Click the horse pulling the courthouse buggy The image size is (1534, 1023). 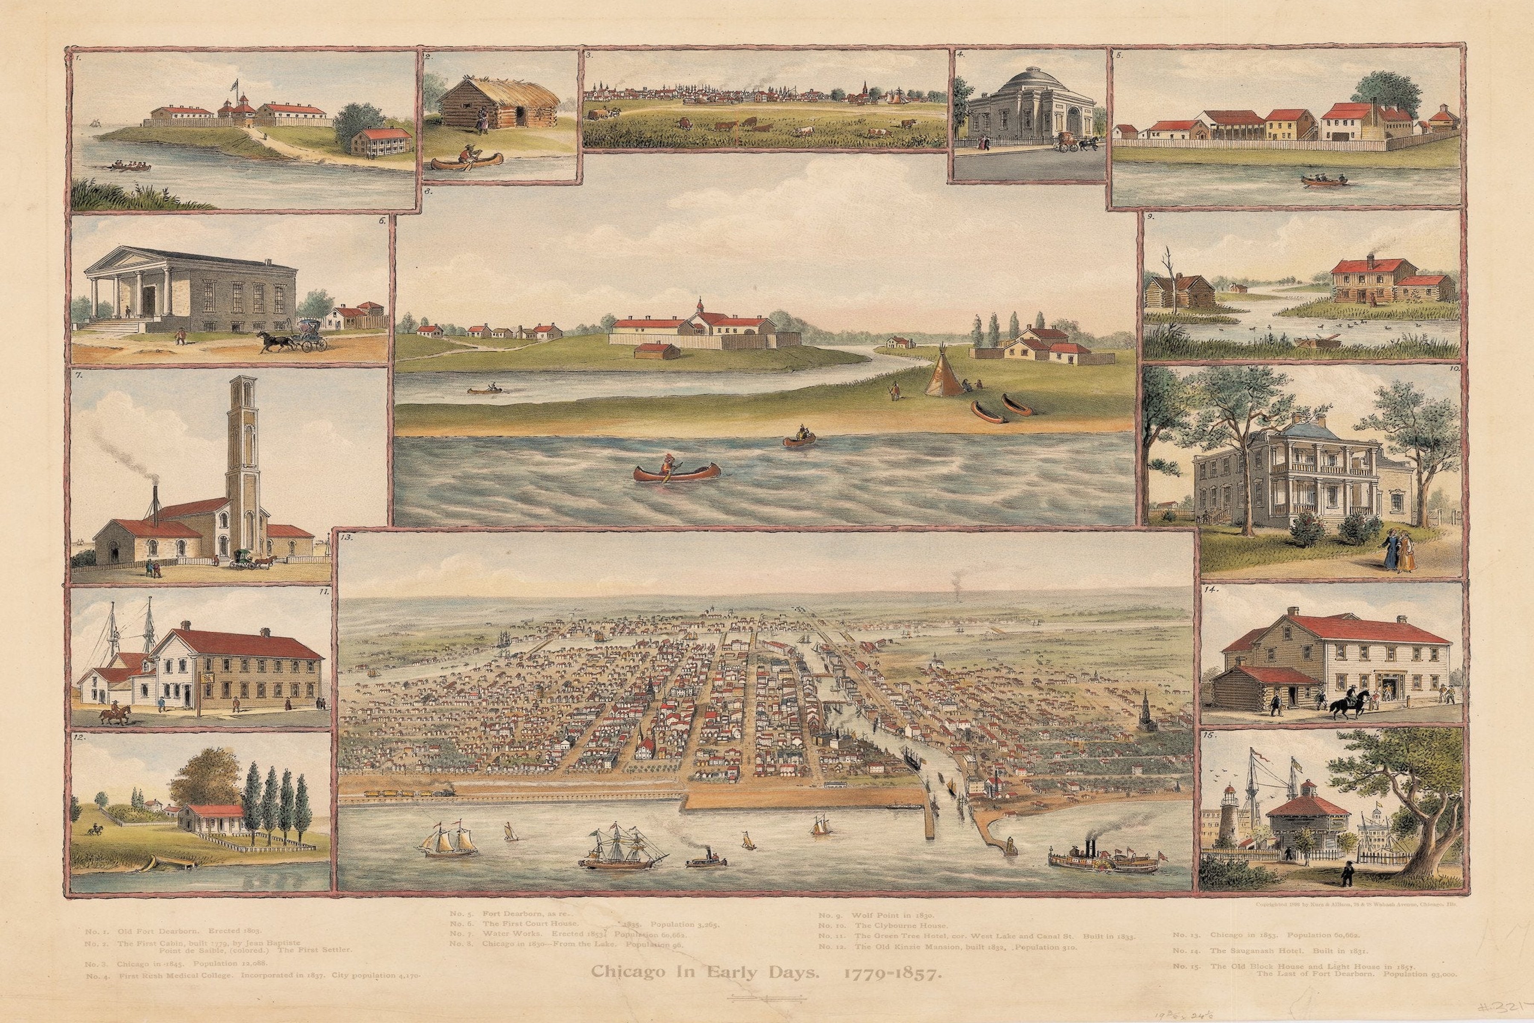coord(269,339)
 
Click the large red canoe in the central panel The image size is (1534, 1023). coord(676,471)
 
